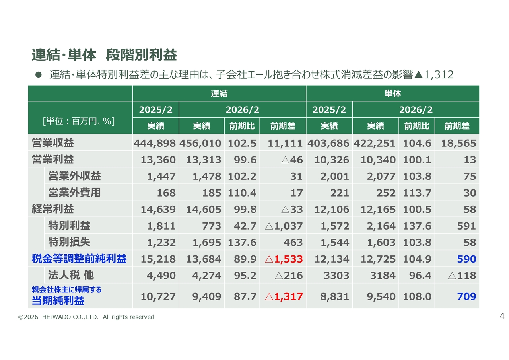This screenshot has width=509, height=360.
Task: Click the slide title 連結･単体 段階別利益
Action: (x=104, y=55)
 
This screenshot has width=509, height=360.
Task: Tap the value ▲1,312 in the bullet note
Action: (x=434, y=74)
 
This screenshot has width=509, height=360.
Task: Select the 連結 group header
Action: (x=219, y=93)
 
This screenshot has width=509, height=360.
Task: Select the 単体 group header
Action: (x=392, y=93)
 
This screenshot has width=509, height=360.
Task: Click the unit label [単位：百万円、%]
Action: (x=79, y=121)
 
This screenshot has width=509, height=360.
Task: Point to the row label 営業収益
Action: (x=53, y=143)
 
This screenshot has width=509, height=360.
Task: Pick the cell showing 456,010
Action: (x=201, y=143)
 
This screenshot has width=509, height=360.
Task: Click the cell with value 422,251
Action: (x=375, y=143)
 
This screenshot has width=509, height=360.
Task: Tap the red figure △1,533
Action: (x=284, y=259)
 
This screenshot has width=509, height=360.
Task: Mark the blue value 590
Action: (x=466, y=259)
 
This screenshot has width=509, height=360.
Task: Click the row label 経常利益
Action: (x=53, y=209)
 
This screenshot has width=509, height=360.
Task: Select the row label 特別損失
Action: (x=69, y=242)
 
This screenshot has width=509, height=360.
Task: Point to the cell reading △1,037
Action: (x=284, y=226)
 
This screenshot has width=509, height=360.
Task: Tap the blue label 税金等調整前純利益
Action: (x=79, y=259)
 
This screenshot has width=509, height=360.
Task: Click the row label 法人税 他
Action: (x=71, y=275)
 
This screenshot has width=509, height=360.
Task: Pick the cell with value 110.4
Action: (x=242, y=193)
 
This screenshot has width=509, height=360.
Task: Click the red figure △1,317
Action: (x=284, y=296)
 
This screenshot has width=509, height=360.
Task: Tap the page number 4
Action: (x=502, y=317)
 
